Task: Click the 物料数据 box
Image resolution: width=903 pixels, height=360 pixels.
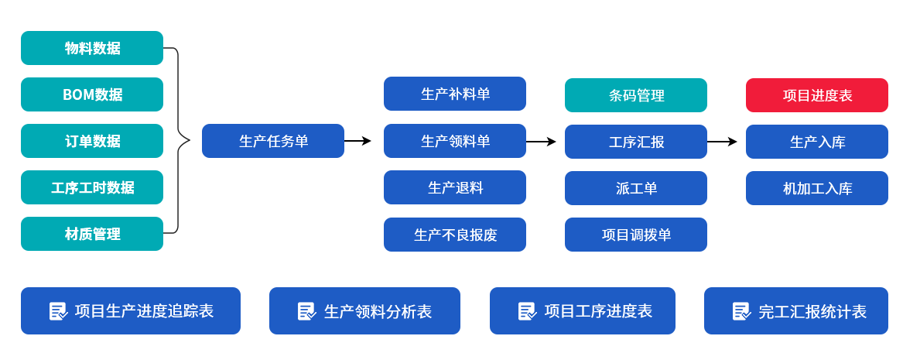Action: (92, 48)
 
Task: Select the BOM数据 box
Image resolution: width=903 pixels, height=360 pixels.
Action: (92, 94)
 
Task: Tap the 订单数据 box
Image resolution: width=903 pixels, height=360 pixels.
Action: (92, 141)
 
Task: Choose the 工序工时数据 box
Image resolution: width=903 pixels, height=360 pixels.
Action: (92, 187)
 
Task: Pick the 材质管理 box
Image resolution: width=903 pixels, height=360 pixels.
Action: (92, 234)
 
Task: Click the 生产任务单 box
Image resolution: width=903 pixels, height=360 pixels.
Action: (273, 141)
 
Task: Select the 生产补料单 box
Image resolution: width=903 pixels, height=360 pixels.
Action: (455, 94)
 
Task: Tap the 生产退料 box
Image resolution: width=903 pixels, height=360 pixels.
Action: (455, 187)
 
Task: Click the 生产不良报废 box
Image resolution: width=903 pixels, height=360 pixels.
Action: (455, 235)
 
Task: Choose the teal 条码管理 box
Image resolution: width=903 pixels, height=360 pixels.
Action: (636, 95)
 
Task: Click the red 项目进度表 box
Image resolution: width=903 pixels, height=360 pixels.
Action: (817, 95)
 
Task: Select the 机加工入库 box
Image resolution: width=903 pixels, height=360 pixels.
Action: (817, 188)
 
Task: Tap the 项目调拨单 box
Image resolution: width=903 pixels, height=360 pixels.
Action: (636, 235)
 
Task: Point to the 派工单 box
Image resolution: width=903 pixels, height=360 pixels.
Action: (636, 188)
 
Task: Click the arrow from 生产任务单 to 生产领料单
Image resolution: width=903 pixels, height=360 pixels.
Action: (357, 141)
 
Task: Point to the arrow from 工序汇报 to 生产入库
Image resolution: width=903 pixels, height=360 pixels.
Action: (721, 142)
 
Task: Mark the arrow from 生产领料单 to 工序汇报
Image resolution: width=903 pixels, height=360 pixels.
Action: (541, 142)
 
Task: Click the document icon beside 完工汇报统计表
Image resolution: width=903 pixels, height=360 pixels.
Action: (741, 311)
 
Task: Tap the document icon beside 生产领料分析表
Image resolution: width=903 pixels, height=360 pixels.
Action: (306, 311)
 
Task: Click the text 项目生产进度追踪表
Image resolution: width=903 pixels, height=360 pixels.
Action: (144, 311)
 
